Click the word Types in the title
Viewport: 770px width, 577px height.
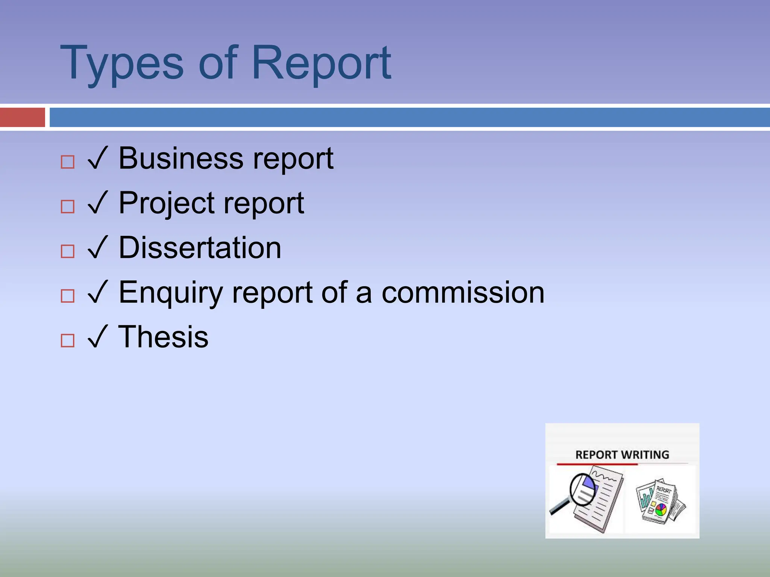(121, 63)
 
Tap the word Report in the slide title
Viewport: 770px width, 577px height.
(321, 63)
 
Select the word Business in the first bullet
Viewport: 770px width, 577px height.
(181, 158)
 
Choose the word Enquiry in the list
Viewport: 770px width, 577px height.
(171, 293)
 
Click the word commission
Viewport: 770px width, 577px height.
(463, 293)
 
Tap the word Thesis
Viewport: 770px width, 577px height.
(163, 337)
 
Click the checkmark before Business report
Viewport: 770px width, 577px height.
(98, 159)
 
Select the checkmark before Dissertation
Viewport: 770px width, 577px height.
(98, 248)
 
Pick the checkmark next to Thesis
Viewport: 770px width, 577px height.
(98, 337)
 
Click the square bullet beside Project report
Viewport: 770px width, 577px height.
(68, 207)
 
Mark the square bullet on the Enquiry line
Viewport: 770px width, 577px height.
(68, 296)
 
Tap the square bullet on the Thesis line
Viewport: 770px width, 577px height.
(68, 341)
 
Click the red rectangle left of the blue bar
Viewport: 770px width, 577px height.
(23, 117)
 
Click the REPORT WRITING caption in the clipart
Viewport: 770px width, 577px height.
(622, 455)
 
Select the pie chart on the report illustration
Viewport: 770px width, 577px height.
(661, 510)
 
